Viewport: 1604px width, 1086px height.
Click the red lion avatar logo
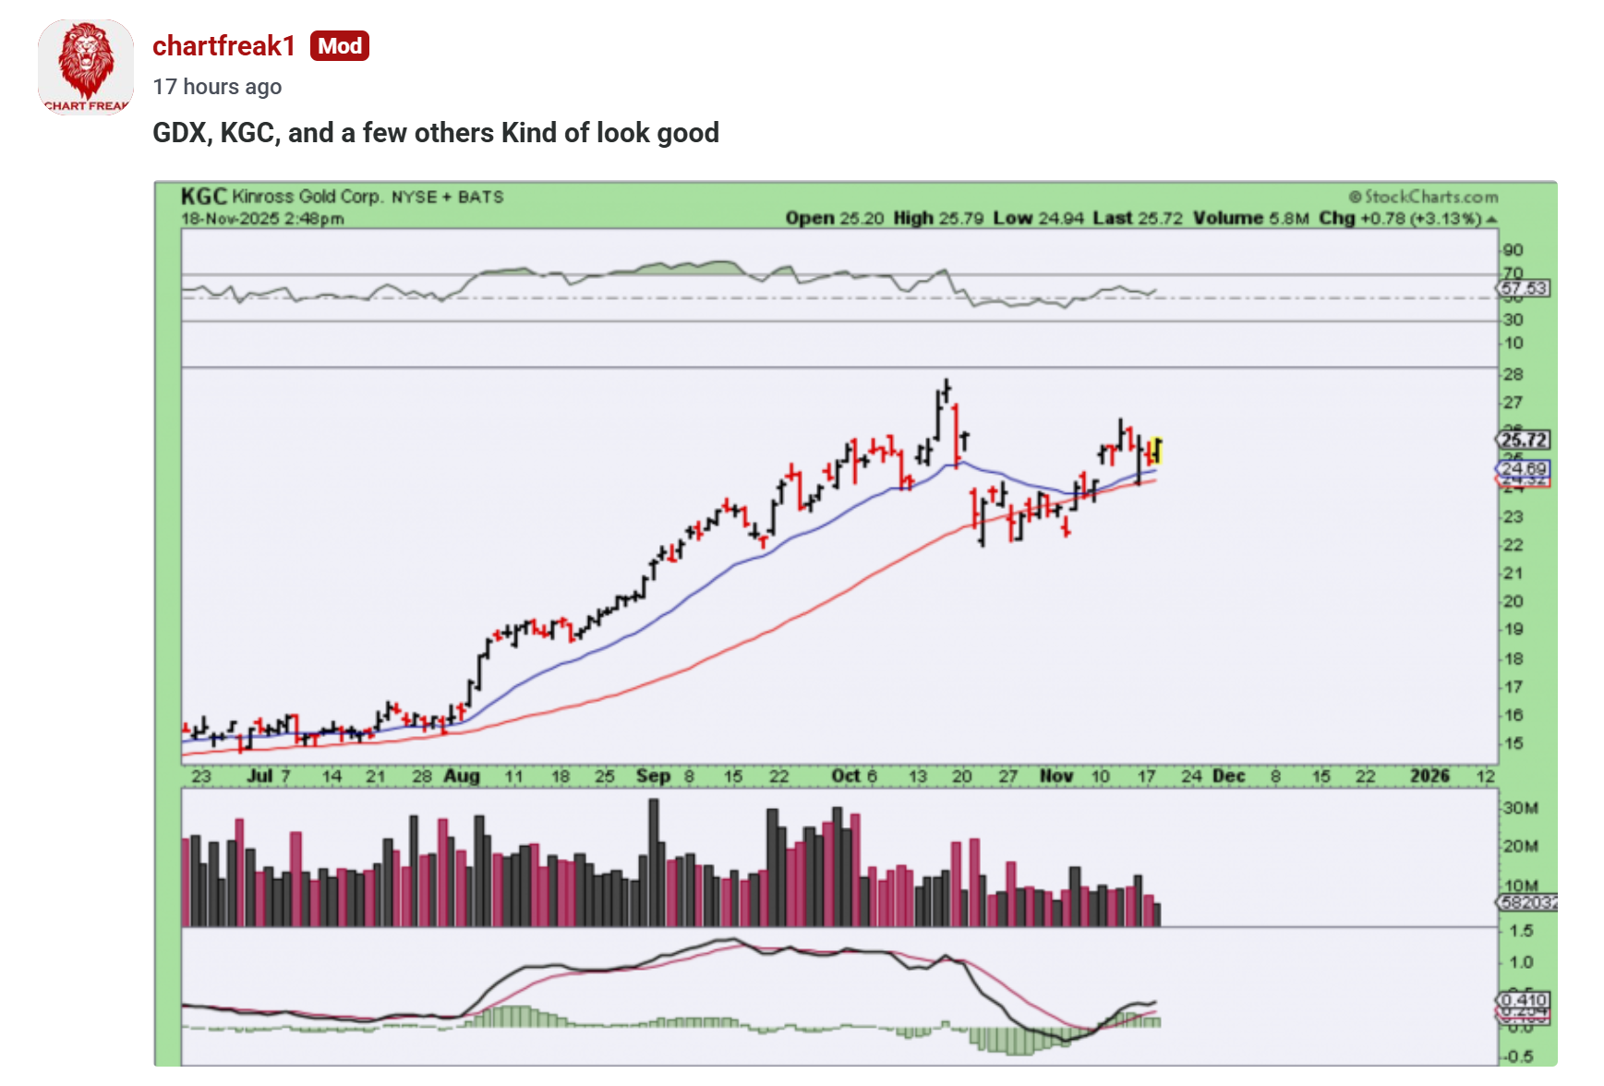86,66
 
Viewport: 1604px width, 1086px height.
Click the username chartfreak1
223,46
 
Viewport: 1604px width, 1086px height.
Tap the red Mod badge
340,46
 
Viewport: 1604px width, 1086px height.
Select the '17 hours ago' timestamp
217,87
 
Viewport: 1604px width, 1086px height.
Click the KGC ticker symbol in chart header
203,197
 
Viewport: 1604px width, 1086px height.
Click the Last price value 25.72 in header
1160,219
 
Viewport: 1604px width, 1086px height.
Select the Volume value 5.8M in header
1288,219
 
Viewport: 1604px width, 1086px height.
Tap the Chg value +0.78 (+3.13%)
1419,219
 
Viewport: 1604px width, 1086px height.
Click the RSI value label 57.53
1523,288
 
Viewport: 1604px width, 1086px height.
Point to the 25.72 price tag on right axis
1523,440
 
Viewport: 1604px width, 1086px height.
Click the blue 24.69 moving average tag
1523,468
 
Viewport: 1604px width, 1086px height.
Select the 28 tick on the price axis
1513,375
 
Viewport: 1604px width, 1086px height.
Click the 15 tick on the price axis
1513,743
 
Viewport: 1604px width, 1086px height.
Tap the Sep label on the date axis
653,776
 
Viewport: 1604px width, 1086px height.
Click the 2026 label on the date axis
1429,776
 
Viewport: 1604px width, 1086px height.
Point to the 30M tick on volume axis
1520,808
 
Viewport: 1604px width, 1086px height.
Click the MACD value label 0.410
1523,1000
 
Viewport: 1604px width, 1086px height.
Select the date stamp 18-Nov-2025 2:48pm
263,219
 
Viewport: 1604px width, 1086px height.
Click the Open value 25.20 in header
862,219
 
